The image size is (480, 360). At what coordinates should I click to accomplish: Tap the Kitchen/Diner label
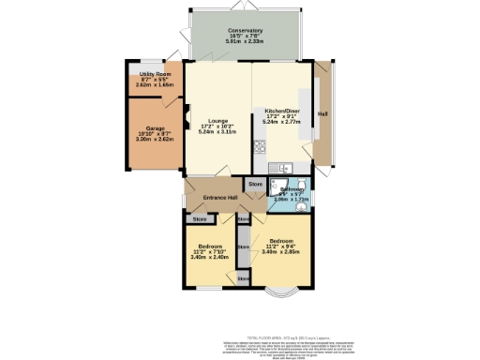click(282, 110)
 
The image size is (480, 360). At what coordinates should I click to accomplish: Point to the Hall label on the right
click(323, 113)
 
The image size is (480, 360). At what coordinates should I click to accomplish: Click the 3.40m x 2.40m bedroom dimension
click(207, 257)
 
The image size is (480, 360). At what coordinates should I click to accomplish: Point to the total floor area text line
click(281, 336)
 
